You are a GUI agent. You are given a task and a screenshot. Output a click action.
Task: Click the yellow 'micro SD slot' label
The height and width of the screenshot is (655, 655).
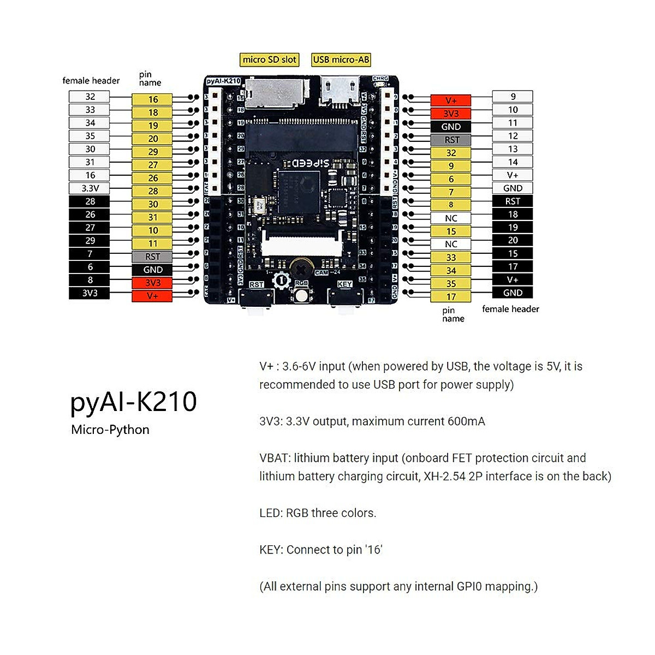click(270, 59)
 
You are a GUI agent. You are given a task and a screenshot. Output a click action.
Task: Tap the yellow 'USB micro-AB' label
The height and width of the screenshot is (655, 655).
click(341, 59)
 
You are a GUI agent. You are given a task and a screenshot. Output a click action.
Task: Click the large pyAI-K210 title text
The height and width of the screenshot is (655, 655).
click(134, 402)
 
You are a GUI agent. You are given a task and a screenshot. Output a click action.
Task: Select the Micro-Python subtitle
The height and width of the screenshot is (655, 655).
click(110, 430)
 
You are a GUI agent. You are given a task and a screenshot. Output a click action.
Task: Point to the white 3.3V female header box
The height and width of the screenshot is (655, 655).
click(90, 188)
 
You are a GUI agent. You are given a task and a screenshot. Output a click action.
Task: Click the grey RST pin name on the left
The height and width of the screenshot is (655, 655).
click(152, 257)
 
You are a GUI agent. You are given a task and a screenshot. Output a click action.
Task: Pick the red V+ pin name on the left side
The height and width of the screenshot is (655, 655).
click(152, 296)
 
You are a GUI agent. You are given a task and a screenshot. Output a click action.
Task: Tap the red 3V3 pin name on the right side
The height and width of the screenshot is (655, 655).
click(451, 114)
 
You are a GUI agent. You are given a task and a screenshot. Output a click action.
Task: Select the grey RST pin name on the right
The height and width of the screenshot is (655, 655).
click(451, 140)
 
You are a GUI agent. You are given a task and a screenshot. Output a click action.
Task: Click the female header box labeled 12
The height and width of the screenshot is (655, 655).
click(513, 136)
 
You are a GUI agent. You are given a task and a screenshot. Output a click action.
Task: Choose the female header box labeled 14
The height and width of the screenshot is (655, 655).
click(513, 162)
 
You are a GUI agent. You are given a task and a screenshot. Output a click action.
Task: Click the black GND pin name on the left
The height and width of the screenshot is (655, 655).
click(152, 270)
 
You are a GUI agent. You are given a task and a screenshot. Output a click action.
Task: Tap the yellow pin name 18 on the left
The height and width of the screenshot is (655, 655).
click(152, 112)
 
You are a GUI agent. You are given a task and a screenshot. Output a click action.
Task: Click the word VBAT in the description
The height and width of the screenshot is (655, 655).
click(274, 458)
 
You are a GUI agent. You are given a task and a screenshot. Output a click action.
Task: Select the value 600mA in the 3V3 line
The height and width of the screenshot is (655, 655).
click(466, 421)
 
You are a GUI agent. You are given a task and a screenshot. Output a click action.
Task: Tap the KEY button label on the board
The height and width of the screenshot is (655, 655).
click(344, 284)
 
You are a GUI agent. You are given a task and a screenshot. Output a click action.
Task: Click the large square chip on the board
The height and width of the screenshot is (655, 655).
click(298, 188)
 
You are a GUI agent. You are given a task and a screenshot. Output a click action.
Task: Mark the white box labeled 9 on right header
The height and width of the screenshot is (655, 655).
click(513, 97)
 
